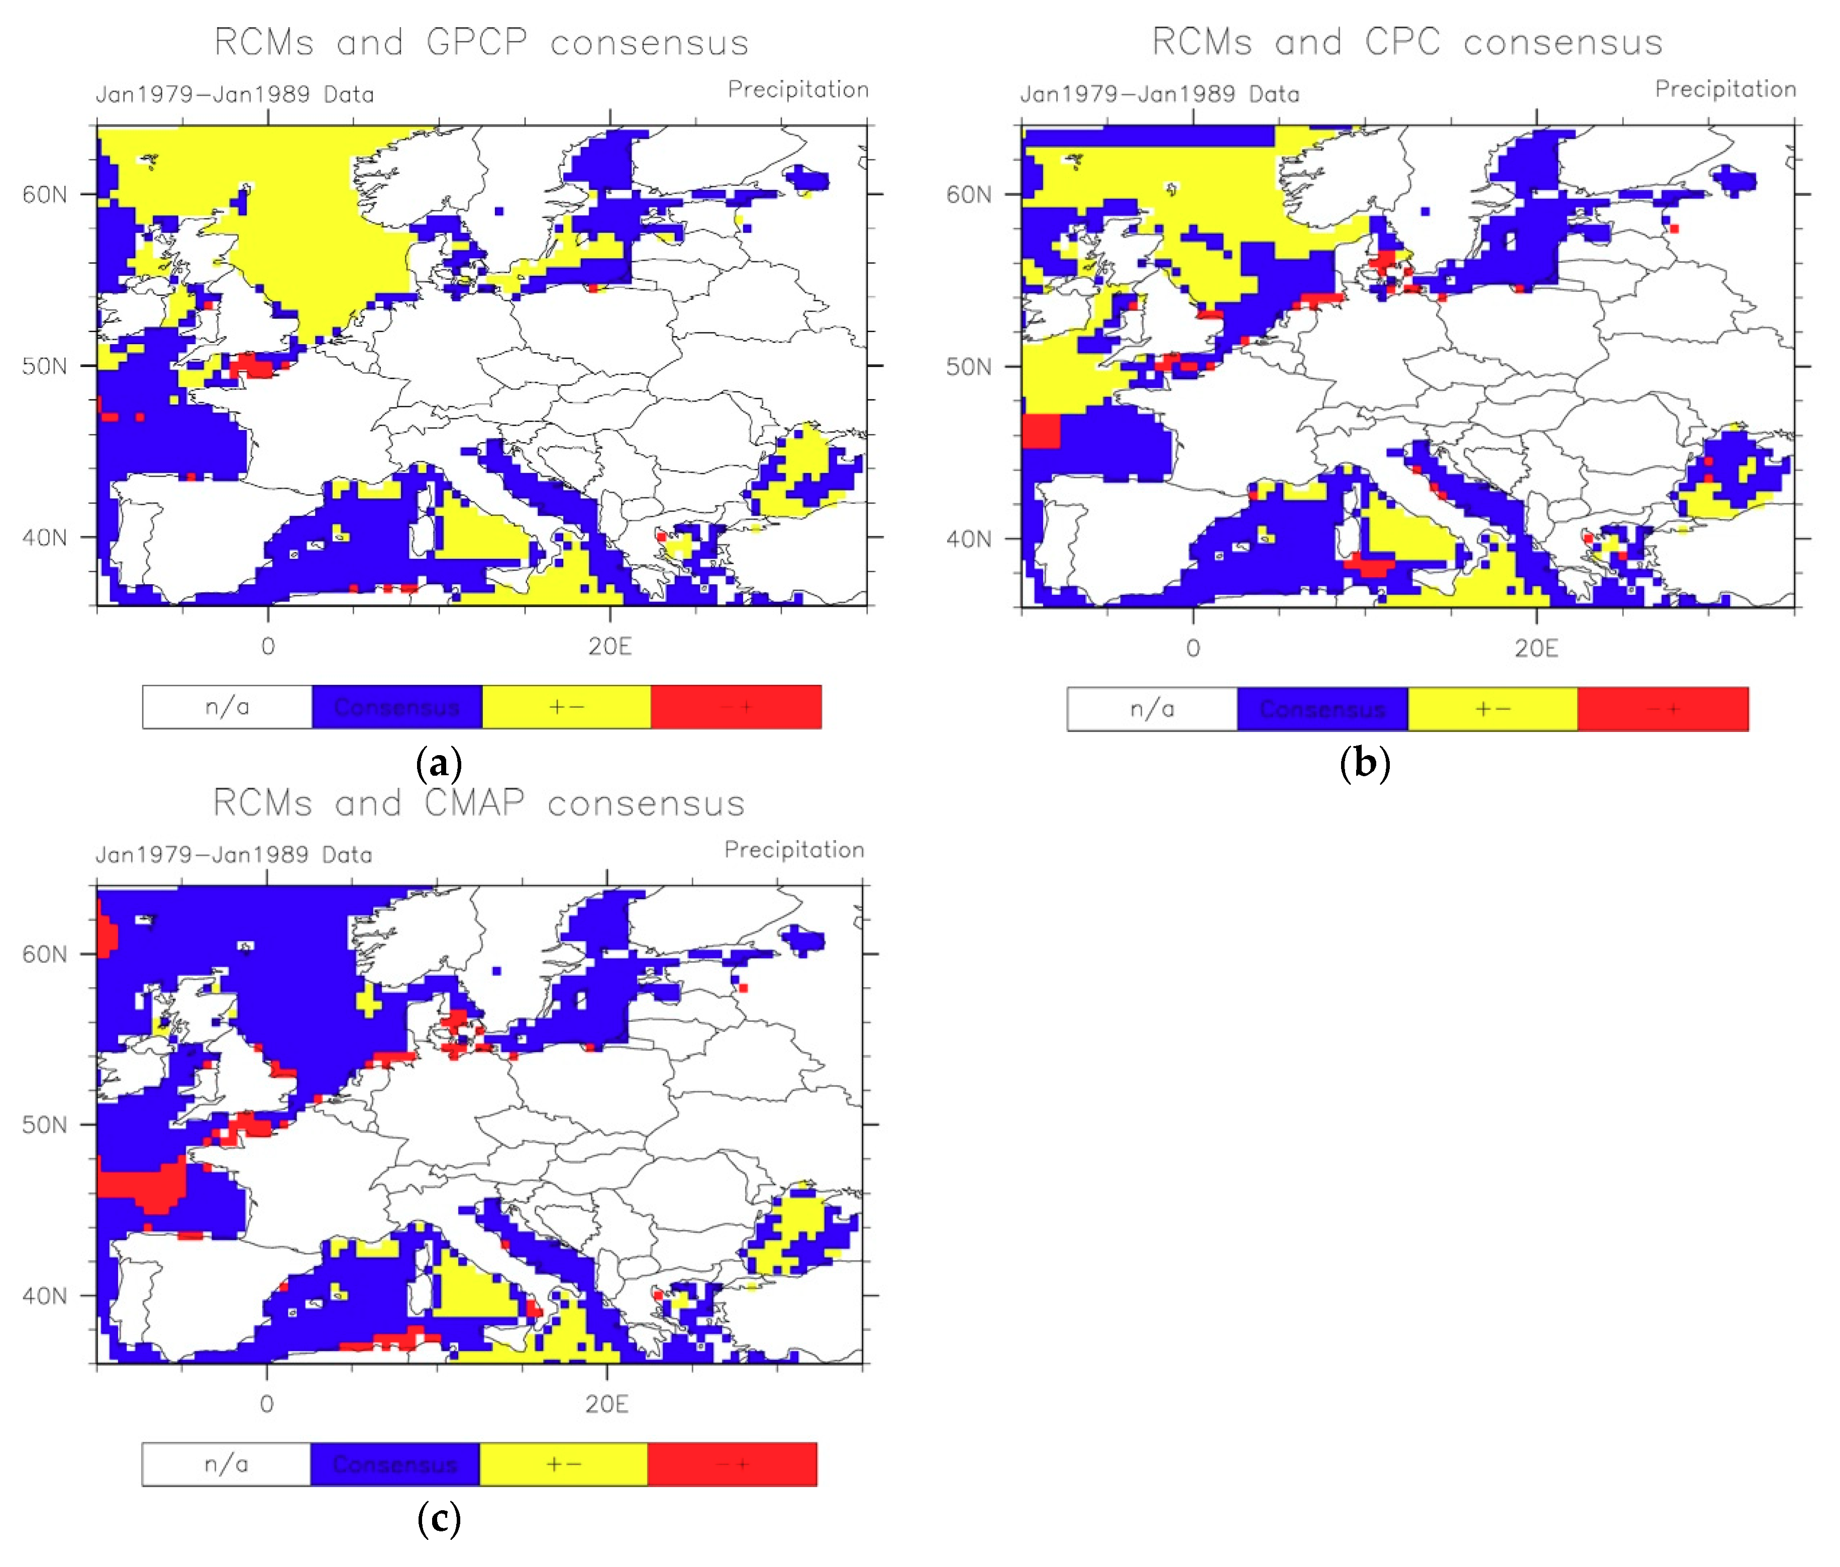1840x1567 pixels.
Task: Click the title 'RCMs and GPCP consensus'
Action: (481, 43)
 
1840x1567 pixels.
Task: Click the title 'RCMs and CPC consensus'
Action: (1407, 43)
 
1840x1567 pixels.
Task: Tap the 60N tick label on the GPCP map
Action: (44, 194)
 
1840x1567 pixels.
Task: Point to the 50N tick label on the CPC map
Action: (968, 367)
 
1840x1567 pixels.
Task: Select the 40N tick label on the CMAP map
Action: (44, 1295)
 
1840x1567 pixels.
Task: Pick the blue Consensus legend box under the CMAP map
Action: (394, 1464)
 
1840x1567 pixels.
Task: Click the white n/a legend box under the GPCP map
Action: (227, 707)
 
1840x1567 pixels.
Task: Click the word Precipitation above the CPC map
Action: (1724, 89)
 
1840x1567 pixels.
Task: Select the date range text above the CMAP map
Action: (234, 854)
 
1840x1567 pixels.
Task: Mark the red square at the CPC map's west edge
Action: (1041, 432)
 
